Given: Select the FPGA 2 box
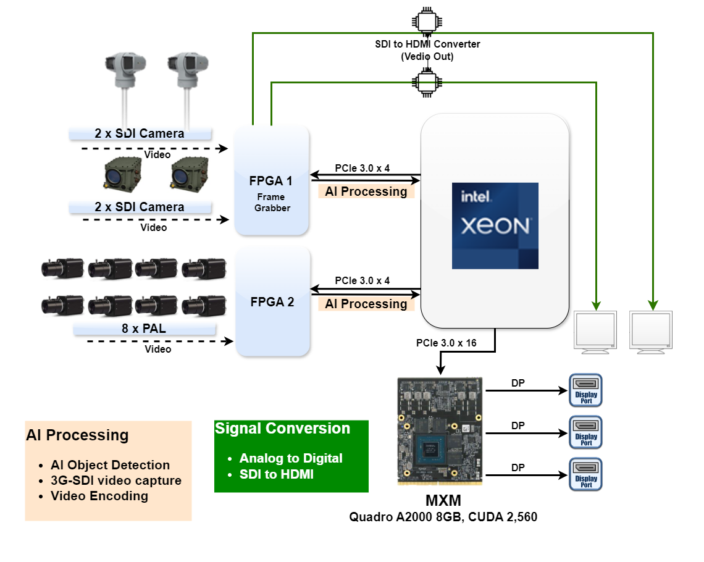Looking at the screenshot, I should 272,302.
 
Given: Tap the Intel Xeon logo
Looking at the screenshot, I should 495,225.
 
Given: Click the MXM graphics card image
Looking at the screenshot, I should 439,430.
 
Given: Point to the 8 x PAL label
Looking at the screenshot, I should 144,329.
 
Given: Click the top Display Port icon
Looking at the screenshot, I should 585,390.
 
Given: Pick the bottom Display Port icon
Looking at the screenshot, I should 585,474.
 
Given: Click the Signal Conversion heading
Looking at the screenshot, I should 282,429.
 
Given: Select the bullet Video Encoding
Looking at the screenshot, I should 99,496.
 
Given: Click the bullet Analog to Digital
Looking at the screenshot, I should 291,458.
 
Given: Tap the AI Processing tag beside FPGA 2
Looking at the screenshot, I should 366,304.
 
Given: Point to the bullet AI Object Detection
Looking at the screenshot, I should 110,466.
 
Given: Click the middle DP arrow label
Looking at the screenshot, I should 518,426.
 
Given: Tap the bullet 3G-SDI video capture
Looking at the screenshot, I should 116,480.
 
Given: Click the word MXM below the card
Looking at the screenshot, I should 443,501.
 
